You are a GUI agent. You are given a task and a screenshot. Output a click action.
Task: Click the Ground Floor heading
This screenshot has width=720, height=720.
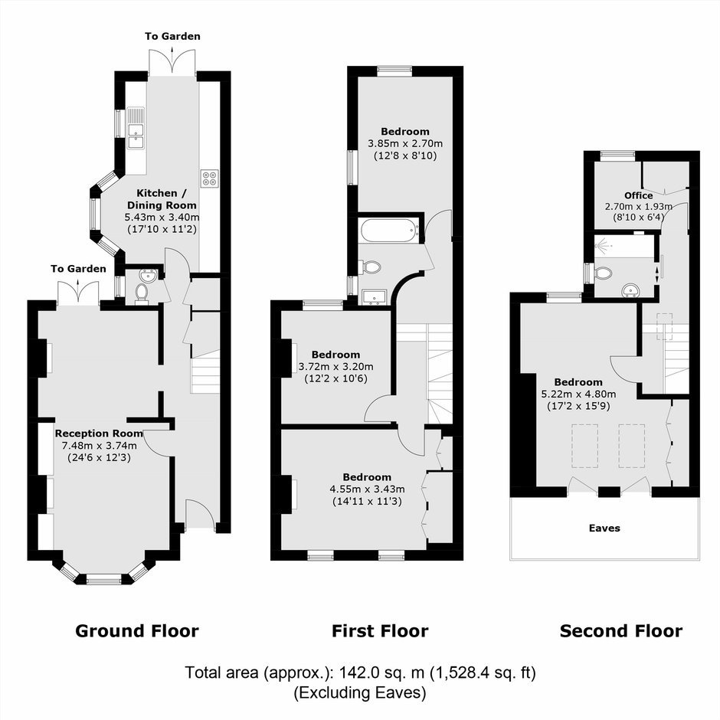point(137,631)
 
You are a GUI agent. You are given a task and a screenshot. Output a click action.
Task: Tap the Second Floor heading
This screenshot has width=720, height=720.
point(621,631)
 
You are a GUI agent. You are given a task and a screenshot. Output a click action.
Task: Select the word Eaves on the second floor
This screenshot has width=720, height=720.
point(604,528)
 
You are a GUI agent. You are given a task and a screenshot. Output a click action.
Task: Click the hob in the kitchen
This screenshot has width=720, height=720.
point(209,178)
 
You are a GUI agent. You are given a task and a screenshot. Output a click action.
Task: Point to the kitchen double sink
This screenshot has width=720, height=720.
point(136,128)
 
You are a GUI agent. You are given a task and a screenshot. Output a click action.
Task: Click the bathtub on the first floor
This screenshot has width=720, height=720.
point(389,230)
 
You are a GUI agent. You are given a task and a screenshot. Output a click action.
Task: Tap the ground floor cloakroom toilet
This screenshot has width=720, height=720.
point(142,293)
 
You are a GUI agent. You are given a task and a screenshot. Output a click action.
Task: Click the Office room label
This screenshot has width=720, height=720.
point(638,195)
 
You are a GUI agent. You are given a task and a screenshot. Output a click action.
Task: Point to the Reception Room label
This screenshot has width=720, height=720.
point(99,433)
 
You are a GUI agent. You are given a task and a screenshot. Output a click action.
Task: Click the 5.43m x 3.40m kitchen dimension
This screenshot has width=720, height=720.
point(162,217)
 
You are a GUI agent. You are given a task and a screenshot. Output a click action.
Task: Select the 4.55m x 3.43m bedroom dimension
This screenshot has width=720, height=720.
point(368,489)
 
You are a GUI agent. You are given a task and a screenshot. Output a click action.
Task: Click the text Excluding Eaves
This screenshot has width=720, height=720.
point(360,692)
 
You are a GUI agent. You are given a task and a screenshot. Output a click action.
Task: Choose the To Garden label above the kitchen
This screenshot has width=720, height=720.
point(172,36)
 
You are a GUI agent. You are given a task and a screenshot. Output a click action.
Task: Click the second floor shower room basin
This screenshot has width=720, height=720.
point(630,290)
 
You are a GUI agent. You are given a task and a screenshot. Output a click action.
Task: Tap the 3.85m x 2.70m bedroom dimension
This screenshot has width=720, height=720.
point(405,143)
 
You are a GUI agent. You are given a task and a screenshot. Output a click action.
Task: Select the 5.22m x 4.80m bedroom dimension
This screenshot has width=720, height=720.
point(578,394)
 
